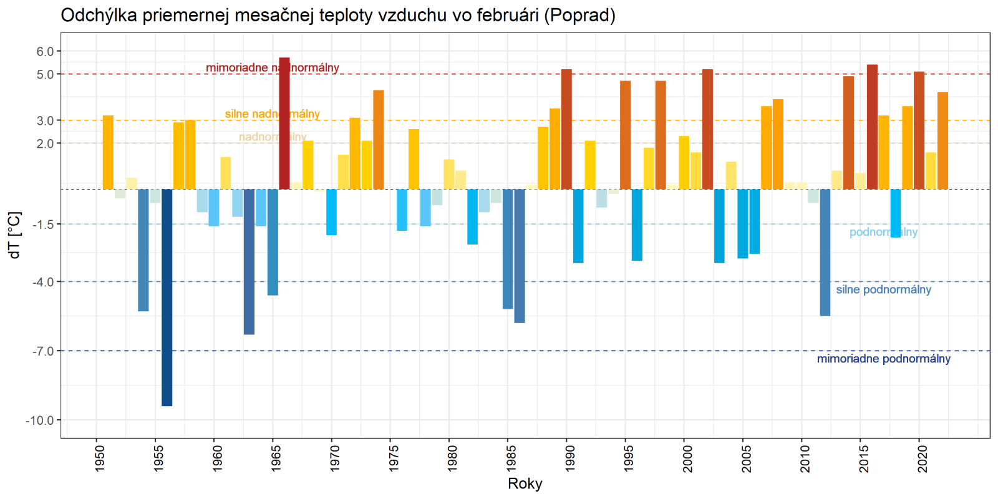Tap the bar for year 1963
click(x=249, y=262)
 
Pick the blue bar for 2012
click(x=825, y=253)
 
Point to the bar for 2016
click(x=872, y=127)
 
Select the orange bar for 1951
click(x=108, y=152)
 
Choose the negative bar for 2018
click(x=896, y=213)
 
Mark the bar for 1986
click(x=520, y=256)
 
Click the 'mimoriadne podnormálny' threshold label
click(x=883, y=359)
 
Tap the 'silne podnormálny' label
click(x=883, y=290)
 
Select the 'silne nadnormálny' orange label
click(x=272, y=114)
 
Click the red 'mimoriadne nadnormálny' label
click(x=272, y=68)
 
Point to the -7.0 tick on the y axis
click(x=43, y=351)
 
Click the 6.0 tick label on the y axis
click(x=45, y=52)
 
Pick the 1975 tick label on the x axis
click(x=394, y=458)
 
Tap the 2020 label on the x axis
click(x=923, y=458)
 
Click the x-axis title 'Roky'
click(x=525, y=484)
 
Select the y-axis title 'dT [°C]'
click(x=15, y=235)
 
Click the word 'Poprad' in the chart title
click(x=579, y=15)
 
